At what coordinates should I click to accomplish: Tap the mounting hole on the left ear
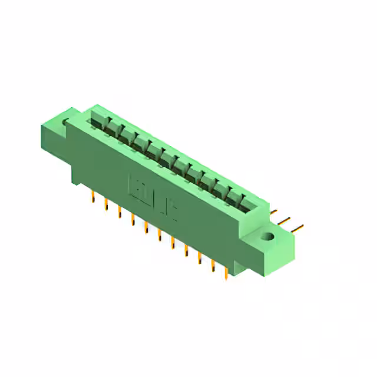66,123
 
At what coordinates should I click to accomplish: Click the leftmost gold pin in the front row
92,197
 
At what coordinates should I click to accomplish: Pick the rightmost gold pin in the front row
226,273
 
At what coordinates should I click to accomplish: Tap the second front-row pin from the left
106,204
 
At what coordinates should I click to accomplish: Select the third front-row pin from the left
119,212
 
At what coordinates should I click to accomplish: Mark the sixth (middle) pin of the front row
159,235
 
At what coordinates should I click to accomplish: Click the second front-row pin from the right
213,266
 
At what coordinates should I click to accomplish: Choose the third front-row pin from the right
199,258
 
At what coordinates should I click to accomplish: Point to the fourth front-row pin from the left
133,220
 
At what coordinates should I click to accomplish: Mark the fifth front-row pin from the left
145,227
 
